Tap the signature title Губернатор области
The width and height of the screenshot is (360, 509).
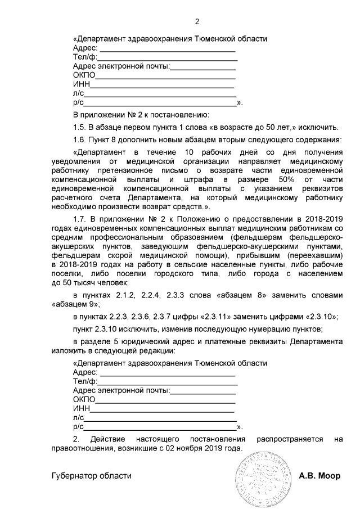pos(91,476)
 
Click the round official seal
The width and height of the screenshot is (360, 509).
pos(264,479)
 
